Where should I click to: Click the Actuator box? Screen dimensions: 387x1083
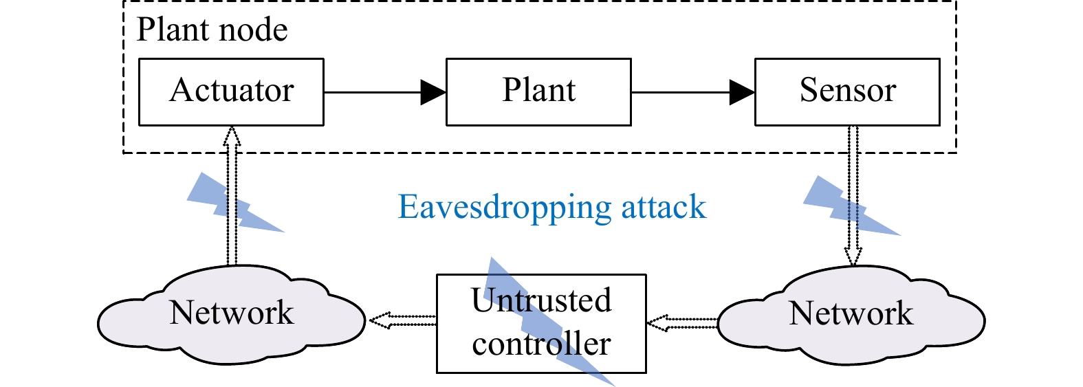[x=231, y=92]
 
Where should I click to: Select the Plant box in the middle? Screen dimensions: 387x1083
[x=538, y=92]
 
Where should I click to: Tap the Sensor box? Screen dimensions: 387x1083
[x=847, y=92]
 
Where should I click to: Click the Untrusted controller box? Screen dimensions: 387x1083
[x=541, y=323]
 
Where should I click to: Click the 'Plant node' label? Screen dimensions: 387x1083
[x=212, y=30]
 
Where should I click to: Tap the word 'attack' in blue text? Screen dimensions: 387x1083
[x=664, y=208]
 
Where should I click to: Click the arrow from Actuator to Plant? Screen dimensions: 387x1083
[x=385, y=92]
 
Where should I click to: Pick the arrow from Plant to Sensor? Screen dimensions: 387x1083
[x=693, y=92]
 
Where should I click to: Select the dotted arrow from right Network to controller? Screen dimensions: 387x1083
[x=682, y=322]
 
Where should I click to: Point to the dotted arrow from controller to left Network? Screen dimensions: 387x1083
[x=402, y=320]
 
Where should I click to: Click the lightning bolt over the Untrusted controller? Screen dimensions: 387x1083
[x=550, y=323]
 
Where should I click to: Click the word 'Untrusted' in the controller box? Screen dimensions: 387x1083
[x=541, y=300]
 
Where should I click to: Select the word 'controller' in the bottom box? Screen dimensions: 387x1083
[x=541, y=344]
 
